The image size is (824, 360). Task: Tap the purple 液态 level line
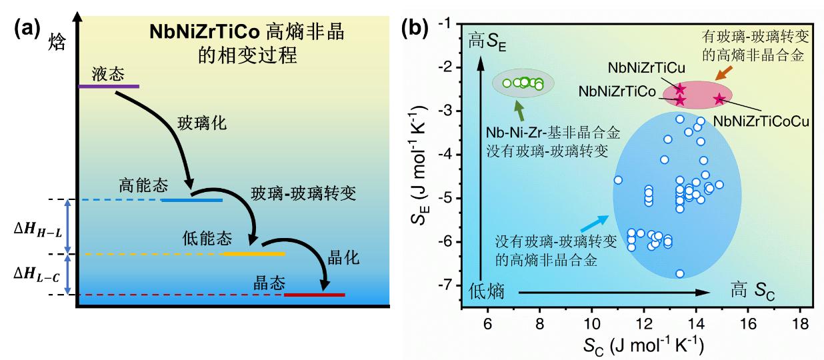pos(109,87)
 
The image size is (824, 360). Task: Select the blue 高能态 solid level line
pos(192,199)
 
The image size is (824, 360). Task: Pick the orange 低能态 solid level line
pos(253,254)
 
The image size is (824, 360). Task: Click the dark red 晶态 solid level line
pos(315,295)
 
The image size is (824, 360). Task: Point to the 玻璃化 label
pos(197,124)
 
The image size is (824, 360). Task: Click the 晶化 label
pos(345,257)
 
